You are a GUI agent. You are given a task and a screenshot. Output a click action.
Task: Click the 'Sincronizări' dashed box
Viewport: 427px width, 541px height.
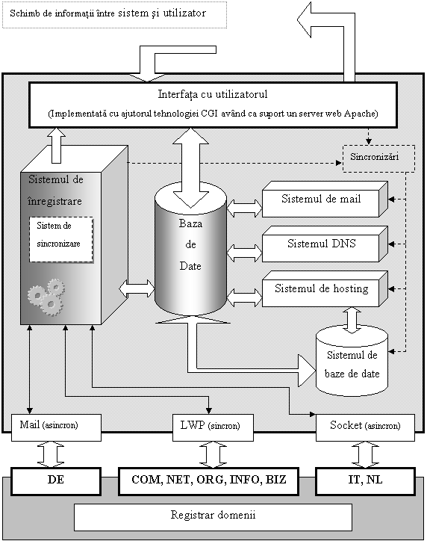click(x=378, y=158)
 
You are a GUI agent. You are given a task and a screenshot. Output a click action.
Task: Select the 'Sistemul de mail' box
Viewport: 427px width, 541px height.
click(x=325, y=199)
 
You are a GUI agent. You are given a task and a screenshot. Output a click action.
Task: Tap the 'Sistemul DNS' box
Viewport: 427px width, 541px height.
click(x=325, y=244)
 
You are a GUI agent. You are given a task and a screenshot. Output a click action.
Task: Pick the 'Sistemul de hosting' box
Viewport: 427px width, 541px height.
click(x=325, y=288)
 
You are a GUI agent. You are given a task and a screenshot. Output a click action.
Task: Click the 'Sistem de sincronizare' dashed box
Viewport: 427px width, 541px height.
click(x=61, y=239)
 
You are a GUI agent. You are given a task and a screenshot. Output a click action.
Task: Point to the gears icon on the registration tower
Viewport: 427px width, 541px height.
click(x=46, y=297)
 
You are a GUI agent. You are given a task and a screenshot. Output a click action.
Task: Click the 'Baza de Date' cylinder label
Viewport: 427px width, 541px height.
click(x=190, y=244)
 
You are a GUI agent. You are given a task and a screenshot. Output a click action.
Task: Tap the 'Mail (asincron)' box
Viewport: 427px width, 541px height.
click(x=56, y=427)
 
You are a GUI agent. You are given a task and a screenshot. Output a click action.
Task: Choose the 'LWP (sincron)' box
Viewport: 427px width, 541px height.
click(x=213, y=427)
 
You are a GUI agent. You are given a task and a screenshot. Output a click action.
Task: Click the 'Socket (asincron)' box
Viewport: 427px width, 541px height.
click(x=365, y=427)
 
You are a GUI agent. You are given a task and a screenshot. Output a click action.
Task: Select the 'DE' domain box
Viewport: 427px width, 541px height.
click(x=56, y=481)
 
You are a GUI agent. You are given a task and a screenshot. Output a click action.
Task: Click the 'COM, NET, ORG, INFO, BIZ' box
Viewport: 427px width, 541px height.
click(x=208, y=481)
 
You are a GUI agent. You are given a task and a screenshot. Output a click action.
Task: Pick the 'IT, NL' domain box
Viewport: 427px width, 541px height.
click(x=365, y=481)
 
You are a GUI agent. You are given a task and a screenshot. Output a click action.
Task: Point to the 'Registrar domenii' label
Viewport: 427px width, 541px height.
click(x=213, y=515)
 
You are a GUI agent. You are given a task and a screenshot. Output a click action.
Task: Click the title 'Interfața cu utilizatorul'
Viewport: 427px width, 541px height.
click(x=213, y=94)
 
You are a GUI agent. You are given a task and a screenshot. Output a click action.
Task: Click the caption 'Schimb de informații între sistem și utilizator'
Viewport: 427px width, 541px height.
click(x=108, y=13)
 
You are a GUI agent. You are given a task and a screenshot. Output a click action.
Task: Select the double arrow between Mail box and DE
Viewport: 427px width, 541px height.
click(x=51, y=454)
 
